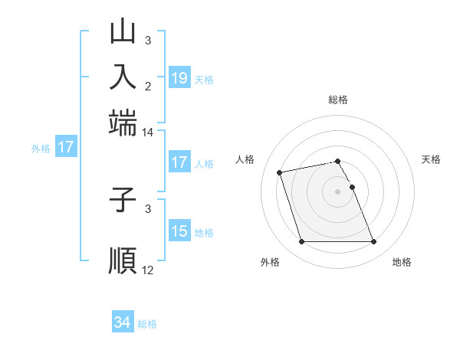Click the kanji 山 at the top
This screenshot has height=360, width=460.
[123, 33]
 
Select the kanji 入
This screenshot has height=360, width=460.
[123, 77]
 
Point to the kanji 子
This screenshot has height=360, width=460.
[123, 201]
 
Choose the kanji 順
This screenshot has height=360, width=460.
[123, 259]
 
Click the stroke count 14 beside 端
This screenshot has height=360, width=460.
[147, 133]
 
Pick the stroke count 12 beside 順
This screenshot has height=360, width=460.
[147, 270]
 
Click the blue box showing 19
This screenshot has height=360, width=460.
[179, 77]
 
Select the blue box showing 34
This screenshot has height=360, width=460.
[123, 323]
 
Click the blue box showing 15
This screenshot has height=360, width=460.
[179, 231]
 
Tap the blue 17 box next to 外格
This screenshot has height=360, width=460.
[66, 147]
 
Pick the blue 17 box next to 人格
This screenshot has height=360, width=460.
[179, 162]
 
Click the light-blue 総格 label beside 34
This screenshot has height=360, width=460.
[147, 324]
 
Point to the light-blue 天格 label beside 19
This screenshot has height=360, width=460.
[204, 79]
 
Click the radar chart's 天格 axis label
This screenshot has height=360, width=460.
[432, 159]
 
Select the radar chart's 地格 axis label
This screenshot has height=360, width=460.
[402, 263]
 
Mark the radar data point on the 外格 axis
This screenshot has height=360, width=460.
[301, 242]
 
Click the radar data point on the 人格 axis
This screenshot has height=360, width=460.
[280, 172]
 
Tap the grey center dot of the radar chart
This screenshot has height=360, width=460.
[337, 191]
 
